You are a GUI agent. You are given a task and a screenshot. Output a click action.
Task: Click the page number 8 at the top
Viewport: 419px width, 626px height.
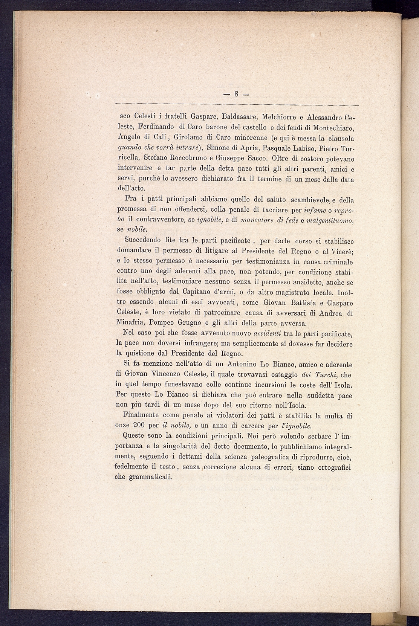point(237,94)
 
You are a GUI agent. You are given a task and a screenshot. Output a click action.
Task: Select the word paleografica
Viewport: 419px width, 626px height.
point(262,457)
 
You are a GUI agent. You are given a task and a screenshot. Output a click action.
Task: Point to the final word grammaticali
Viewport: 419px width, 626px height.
point(150,477)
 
